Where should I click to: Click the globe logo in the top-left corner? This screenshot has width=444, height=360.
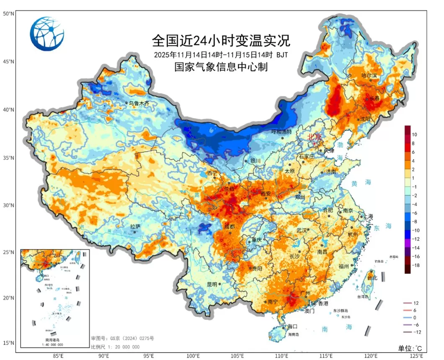pos(47,34)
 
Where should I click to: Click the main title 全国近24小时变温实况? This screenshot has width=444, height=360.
pos(221,41)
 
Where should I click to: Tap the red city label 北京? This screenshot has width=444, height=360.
pos(314,137)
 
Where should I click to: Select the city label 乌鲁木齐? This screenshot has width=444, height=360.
pos(139,103)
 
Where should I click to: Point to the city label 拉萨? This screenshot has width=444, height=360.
pos(135,226)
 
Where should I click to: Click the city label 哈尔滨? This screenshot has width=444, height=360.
pos(369,75)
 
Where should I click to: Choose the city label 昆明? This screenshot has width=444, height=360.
pos(212,284)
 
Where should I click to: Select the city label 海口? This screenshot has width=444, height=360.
pos(292,326)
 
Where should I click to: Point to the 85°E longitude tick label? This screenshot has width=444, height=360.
pos(58,356)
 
